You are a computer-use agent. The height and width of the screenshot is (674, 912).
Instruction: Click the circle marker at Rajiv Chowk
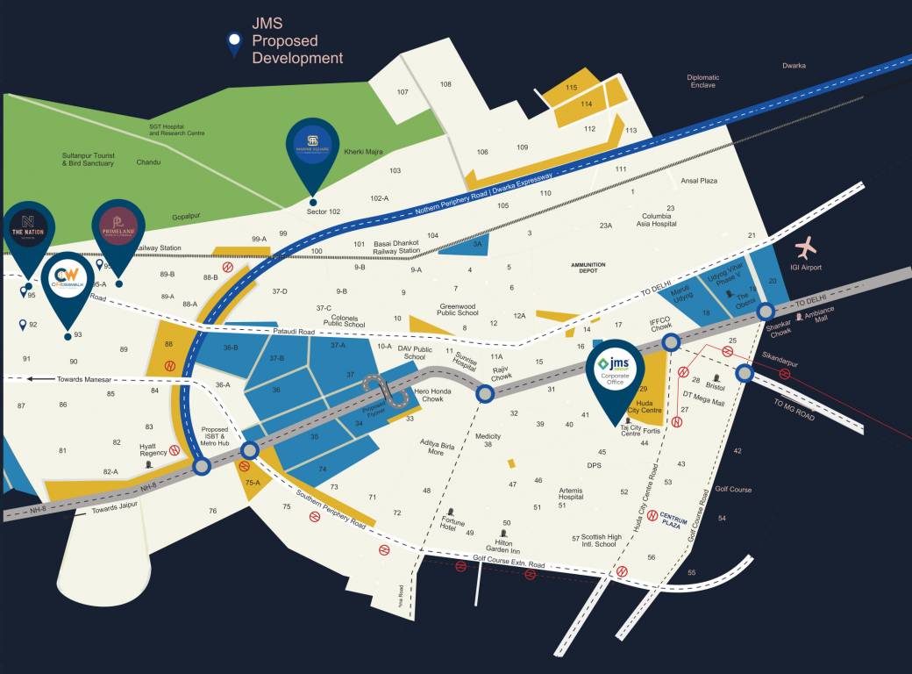pos(485,394)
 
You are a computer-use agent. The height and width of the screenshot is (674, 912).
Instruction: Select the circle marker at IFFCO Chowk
pos(671,342)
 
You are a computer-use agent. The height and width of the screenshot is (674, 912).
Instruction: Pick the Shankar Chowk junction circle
pos(765,311)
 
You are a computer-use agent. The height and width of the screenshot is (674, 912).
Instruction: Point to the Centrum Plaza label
pos(677,520)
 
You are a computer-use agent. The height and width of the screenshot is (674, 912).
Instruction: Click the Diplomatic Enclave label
pos(703,81)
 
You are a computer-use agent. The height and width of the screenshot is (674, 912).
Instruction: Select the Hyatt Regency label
pos(153,449)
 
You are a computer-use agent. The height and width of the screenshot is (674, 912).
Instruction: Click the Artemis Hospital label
pos(570,493)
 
